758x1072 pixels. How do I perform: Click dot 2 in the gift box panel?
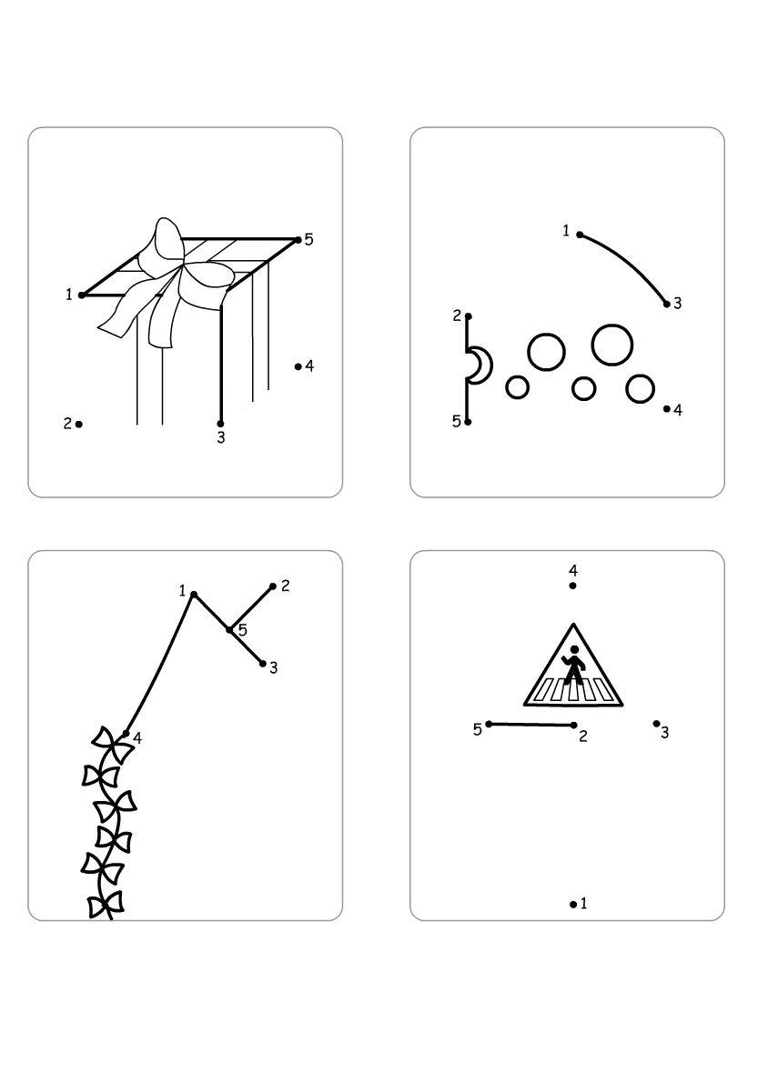click(79, 425)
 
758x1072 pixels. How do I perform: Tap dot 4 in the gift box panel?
click(298, 367)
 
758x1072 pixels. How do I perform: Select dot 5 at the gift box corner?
click(298, 239)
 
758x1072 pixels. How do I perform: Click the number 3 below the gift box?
click(221, 438)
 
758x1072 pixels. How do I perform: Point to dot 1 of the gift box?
click(82, 296)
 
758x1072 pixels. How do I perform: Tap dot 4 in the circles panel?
click(667, 409)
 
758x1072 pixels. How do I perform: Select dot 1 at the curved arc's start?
click(581, 235)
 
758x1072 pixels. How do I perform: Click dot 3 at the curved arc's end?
click(667, 304)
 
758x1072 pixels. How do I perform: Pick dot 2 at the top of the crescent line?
click(468, 316)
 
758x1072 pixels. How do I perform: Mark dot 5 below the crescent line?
click(468, 422)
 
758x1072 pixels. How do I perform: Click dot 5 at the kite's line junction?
click(229, 630)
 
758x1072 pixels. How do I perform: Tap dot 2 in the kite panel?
click(273, 586)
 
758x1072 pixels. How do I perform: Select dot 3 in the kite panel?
click(263, 663)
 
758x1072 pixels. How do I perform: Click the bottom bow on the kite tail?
click(106, 906)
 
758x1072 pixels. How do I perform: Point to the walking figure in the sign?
click(572, 663)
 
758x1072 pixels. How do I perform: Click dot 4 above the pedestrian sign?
click(572, 586)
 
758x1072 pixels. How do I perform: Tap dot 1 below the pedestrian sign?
click(573, 905)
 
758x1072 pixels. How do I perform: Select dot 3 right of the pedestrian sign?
click(657, 724)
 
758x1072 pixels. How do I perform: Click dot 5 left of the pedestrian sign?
click(489, 724)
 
